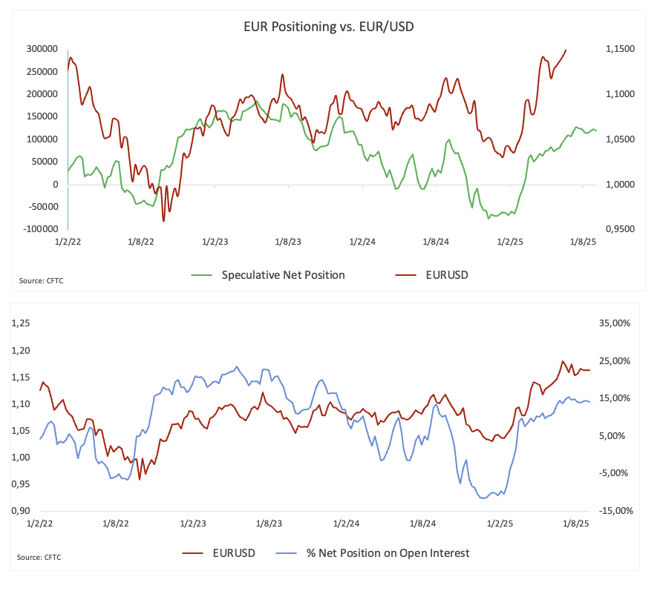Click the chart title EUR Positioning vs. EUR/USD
coord(330,27)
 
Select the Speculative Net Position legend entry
coord(283,275)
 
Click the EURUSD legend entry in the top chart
coord(447,275)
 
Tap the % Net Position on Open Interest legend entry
coord(388,552)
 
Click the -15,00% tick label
coord(614,511)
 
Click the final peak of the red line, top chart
coord(566,50)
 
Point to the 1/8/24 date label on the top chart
coord(436,242)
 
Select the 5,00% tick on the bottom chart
coord(616,436)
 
